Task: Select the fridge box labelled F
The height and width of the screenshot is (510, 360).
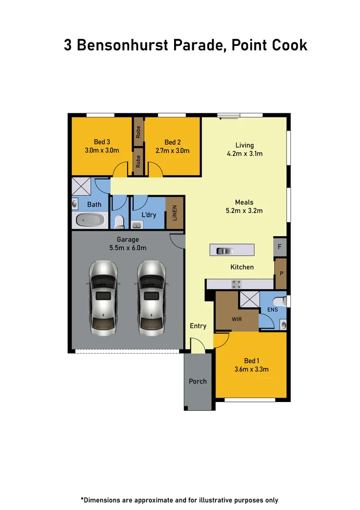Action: coord(280,247)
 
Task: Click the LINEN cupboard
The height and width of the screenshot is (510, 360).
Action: coord(175,213)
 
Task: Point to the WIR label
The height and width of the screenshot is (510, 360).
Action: coord(237,319)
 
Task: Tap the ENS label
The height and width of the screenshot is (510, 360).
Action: coord(273,310)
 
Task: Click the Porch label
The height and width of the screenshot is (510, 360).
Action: coord(198,381)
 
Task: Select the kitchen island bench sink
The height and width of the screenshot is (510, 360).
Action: coord(225,251)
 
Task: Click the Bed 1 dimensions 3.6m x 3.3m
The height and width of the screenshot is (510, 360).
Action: coord(252,369)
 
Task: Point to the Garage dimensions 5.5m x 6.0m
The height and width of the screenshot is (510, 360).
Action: coord(128,248)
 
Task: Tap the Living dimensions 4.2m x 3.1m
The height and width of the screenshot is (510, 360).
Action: coord(245,153)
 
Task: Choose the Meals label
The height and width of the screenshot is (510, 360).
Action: coord(244,202)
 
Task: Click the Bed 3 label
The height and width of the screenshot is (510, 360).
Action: coord(102,143)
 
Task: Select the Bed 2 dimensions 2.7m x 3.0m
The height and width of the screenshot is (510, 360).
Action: coord(173,151)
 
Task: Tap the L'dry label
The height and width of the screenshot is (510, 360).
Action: coord(149,215)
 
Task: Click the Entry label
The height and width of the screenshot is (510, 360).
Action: coord(198,326)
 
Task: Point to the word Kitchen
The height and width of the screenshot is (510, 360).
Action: coord(242,267)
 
